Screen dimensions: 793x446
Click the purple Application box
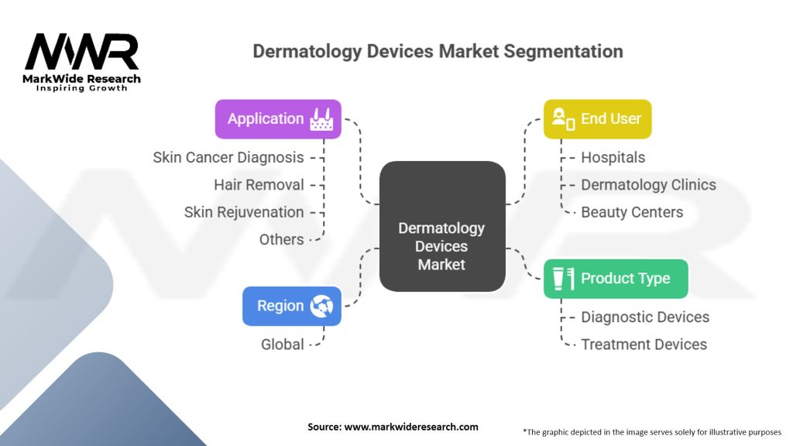(278, 118)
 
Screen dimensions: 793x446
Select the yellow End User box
(597, 118)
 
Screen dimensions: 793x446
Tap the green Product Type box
(616, 279)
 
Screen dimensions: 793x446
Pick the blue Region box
(292, 306)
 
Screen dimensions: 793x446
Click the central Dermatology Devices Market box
(442, 226)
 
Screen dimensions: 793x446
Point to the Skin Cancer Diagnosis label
(228, 157)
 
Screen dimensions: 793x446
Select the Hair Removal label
(259, 184)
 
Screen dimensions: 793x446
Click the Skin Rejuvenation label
(244, 212)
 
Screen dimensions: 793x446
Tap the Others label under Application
(282, 239)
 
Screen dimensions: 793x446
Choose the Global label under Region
(282, 345)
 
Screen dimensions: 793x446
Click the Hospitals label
(613, 157)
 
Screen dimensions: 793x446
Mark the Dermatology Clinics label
(648, 184)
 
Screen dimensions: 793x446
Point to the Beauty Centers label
(632, 212)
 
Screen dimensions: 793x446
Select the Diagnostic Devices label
(645, 317)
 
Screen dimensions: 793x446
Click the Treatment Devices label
(644, 345)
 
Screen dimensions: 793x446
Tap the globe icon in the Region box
(321, 306)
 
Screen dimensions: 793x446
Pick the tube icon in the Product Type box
(558, 279)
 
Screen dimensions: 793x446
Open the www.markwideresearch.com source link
(411, 427)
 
